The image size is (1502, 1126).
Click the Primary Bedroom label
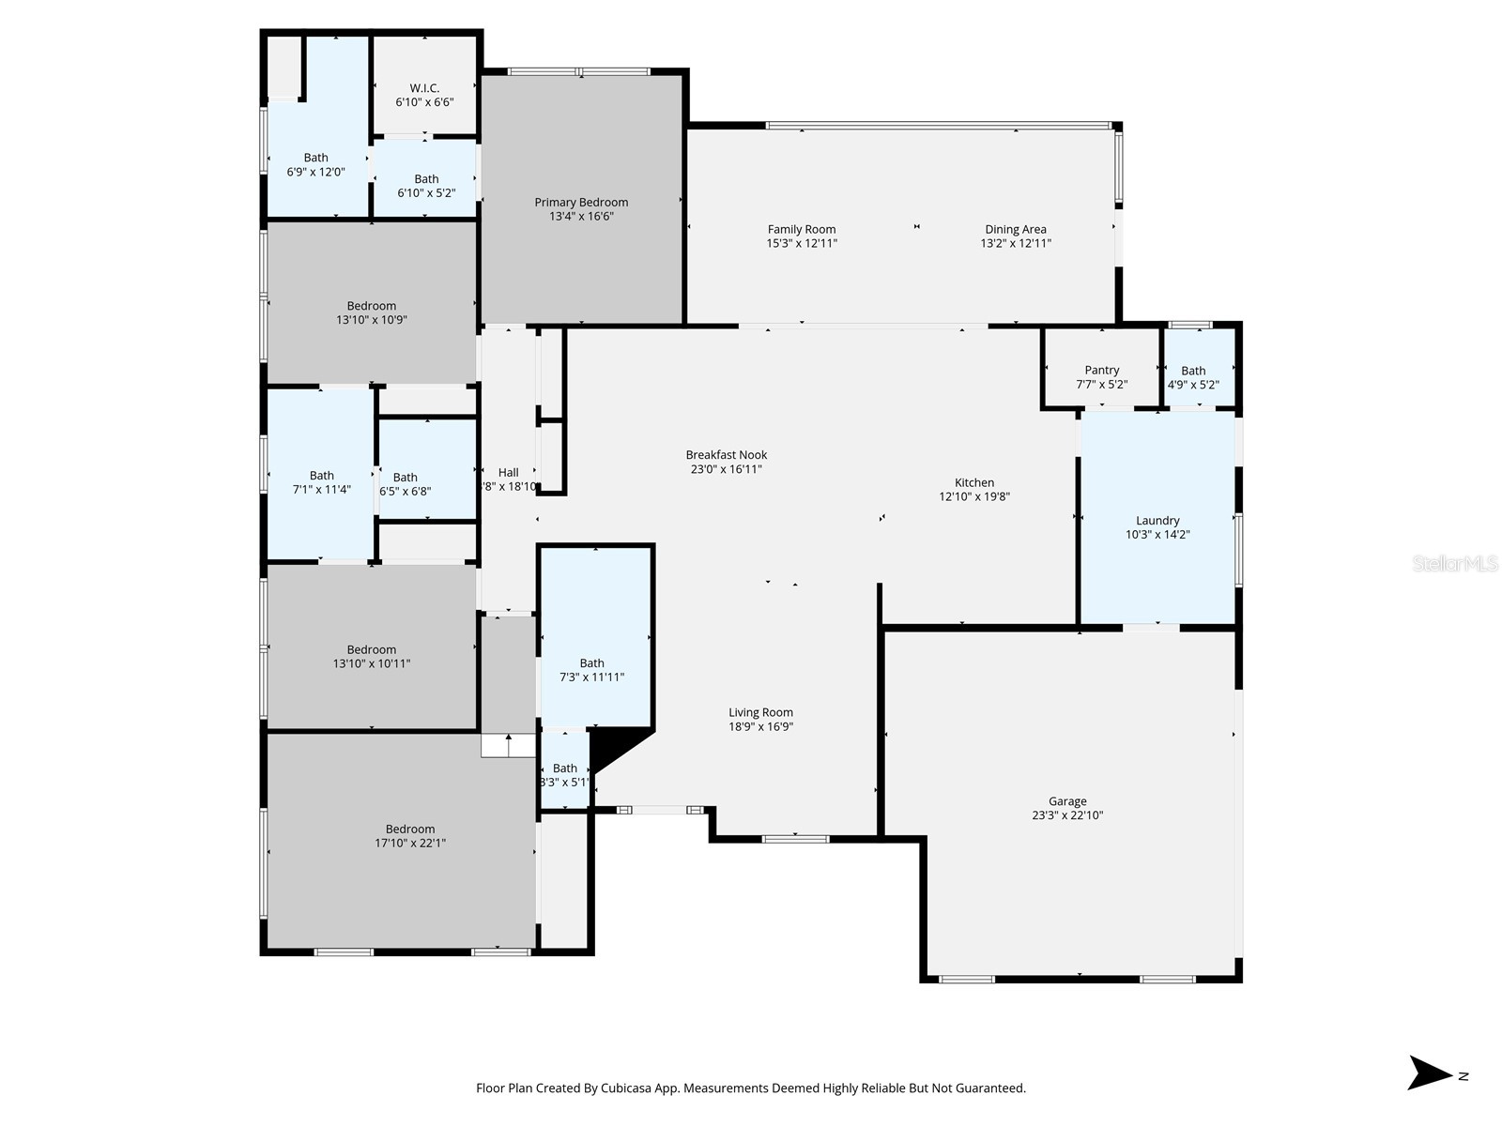click(x=581, y=203)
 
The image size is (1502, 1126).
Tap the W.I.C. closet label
click(x=424, y=88)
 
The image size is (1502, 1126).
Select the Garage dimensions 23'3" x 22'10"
click(x=1067, y=815)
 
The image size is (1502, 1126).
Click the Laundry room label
click(x=1157, y=521)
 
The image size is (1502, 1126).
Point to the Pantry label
click(x=1101, y=371)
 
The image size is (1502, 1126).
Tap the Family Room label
click(x=801, y=230)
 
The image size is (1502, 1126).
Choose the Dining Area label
click(x=1015, y=230)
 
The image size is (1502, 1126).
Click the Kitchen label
click(x=974, y=483)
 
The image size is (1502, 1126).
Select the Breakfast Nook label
click(x=726, y=455)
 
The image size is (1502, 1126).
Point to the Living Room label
click(x=760, y=713)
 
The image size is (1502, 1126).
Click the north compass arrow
click(x=1430, y=1073)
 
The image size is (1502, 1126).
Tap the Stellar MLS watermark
click(x=1454, y=564)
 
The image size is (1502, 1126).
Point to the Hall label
click(x=508, y=473)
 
